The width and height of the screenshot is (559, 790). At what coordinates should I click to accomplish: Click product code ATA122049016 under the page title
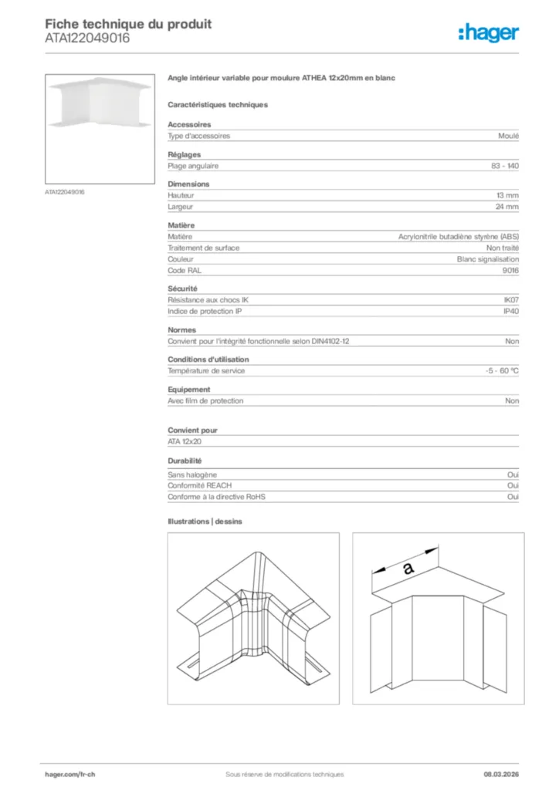87,38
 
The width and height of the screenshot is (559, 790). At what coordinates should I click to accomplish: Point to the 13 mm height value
507,196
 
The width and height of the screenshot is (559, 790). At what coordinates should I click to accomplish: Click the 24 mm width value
507,207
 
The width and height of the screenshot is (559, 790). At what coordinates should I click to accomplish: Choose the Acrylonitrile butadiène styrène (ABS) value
459,237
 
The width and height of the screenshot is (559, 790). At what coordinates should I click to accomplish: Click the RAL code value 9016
510,271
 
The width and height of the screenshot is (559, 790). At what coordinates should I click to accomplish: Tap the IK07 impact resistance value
511,299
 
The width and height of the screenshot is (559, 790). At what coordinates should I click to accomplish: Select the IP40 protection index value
511,311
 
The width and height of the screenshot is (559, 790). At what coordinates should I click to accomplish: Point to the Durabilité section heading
185,461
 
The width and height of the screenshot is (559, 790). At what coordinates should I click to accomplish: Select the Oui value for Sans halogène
513,474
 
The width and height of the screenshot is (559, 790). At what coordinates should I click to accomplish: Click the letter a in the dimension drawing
408,569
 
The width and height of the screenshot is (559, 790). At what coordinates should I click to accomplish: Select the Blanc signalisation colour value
488,259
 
